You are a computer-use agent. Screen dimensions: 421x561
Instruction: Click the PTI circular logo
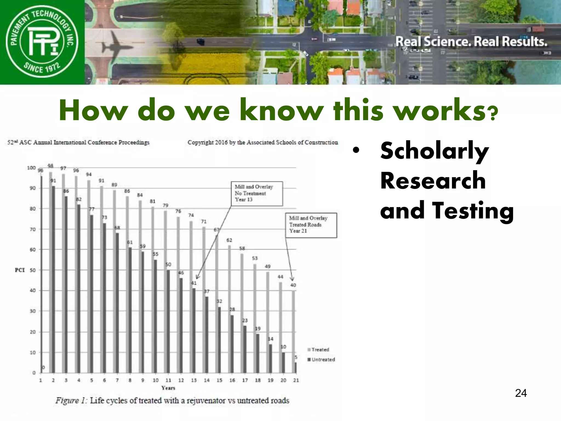(x=42, y=42)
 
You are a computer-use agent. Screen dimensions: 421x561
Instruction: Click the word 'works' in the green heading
(x=441, y=110)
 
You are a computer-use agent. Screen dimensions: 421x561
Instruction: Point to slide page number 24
(x=521, y=393)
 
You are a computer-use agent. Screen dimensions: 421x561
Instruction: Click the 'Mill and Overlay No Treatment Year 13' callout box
(x=257, y=194)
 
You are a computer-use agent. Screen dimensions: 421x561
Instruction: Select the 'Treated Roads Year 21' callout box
(x=311, y=225)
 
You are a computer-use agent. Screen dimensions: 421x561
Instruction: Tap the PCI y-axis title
(x=20, y=270)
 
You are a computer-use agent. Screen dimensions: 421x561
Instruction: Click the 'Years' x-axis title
(x=168, y=388)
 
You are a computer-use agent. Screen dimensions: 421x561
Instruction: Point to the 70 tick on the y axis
(x=33, y=229)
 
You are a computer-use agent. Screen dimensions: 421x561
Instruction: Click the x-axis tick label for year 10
(x=155, y=380)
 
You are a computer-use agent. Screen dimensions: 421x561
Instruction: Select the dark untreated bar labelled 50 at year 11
(x=168, y=321)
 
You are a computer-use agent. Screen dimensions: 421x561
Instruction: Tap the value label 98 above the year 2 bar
(x=50, y=166)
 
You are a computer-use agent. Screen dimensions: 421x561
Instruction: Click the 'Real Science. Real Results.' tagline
(x=471, y=42)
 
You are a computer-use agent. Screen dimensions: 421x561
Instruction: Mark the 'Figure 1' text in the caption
(x=71, y=401)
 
